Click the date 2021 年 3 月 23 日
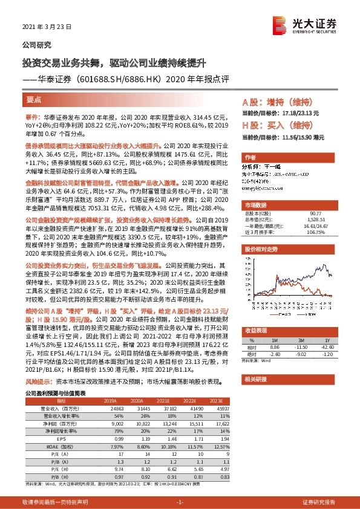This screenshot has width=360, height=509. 47,27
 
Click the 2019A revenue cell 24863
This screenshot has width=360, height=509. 110,409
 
